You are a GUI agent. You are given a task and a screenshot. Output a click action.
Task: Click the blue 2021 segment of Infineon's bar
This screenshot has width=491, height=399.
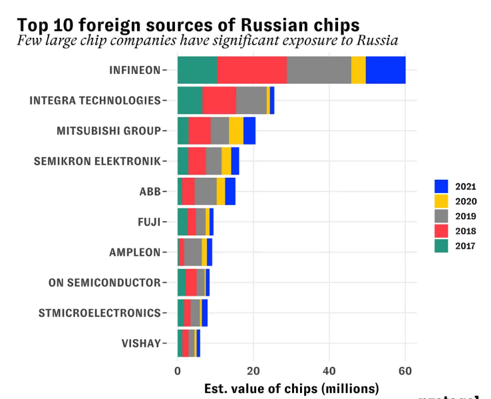[x=385, y=70]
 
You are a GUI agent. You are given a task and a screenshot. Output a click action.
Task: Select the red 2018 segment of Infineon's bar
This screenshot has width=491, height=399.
[x=251, y=70]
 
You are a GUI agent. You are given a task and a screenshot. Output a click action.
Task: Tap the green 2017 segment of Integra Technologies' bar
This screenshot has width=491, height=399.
[x=190, y=101]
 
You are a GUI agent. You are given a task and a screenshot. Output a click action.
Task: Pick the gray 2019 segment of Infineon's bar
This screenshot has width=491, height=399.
[x=319, y=70]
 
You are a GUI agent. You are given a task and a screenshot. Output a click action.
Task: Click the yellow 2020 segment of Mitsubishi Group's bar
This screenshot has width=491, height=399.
[x=236, y=131]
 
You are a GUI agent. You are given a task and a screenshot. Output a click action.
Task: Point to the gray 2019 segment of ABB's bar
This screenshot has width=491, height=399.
[x=206, y=192]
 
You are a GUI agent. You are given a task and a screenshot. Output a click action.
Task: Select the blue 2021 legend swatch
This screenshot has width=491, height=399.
[x=441, y=187]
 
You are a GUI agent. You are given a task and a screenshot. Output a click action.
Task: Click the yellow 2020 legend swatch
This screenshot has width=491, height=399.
[x=441, y=201]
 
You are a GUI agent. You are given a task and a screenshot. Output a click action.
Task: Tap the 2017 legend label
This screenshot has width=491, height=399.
[x=466, y=246]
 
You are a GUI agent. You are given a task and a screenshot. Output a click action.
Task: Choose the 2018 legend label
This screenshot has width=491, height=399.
[x=466, y=231]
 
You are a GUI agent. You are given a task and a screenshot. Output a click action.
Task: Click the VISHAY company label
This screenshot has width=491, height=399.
[x=141, y=344]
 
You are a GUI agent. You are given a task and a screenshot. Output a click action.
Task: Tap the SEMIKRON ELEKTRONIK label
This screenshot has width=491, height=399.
[x=97, y=161]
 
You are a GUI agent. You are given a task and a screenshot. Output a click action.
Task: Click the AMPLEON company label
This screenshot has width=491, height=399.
[x=134, y=252]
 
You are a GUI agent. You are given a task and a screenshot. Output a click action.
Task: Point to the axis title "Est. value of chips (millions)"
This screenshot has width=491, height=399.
[x=291, y=388]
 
